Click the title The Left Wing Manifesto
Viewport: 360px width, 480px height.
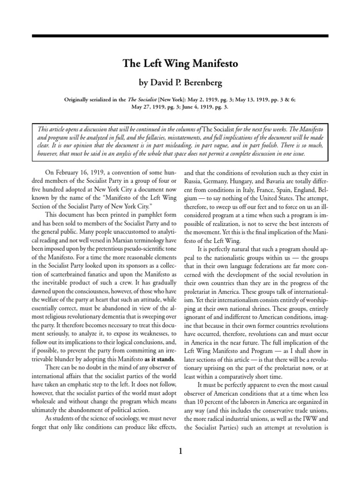click(x=180, y=64)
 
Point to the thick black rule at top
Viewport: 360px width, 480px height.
click(x=180, y=36)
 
